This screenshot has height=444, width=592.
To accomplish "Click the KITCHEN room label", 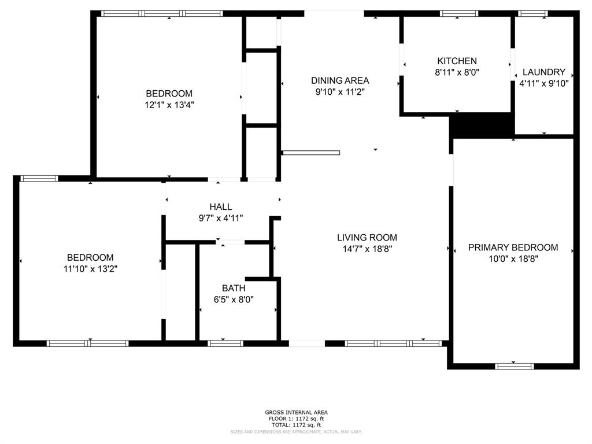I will [x=457, y=61].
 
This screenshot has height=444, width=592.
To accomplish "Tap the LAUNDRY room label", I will [x=543, y=72].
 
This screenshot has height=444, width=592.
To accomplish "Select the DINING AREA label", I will [x=340, y=80].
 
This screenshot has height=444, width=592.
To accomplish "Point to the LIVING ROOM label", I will [x=367, y=237].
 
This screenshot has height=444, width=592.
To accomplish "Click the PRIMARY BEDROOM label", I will [x=513, y=247].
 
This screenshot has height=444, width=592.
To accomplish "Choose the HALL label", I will [x=221, y=206].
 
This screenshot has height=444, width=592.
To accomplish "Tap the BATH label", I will [x=234, y=288].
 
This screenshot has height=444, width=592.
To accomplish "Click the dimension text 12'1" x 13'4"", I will [x=169, y=105].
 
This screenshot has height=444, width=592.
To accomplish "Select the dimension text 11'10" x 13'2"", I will [x=90, y=268].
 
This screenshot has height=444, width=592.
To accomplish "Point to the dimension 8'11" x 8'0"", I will [x=457, y=72].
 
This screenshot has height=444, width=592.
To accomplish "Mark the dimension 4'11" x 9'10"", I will [x=543, y=83].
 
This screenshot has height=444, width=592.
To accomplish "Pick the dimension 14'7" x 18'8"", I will [x=367, y=249].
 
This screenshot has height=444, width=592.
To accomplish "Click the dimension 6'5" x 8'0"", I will [x=234, y=299].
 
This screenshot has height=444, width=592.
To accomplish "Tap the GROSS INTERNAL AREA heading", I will [x=296, y=412].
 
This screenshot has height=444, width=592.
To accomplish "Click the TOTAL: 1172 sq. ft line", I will [x=296, y=425].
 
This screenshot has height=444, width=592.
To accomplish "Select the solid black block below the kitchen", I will [x=482, y=124].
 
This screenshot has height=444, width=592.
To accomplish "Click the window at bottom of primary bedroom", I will [x=515, y=365].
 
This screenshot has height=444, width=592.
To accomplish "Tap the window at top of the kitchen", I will [x=459, y=13].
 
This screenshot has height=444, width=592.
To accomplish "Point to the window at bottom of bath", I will [x=225, y=343].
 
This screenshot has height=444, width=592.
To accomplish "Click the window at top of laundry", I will [x=532, y=13].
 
